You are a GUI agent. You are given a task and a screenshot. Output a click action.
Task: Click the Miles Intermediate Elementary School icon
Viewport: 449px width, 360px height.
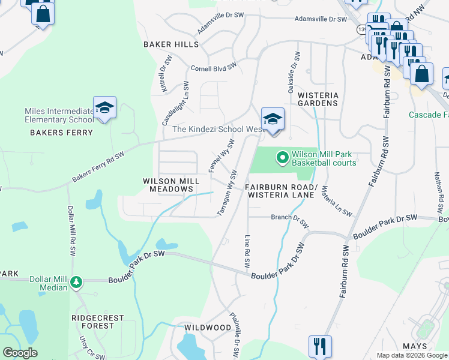tap(104, 107)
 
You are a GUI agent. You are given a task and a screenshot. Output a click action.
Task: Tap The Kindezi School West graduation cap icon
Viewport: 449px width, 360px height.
tap(272, 118)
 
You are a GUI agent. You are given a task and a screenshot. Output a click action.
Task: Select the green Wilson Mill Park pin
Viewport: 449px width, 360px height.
tap(282, 158)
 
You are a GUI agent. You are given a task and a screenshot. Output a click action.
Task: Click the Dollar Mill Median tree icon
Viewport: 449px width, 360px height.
tap(76, 281)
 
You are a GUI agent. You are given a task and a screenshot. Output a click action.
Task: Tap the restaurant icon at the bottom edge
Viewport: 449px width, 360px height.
tap(319, 346)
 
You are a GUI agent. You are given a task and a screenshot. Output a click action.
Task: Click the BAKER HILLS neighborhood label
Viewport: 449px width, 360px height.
tap(170, 45)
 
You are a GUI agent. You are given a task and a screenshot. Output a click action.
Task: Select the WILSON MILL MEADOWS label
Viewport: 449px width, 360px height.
tap(168, 185)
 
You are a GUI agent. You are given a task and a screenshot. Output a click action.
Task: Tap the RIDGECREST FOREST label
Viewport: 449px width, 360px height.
tap(97, 322)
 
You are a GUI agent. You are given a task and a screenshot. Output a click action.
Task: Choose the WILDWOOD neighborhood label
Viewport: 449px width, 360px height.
tap(208, 328)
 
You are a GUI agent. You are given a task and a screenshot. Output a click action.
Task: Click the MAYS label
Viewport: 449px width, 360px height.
tap(414, 346)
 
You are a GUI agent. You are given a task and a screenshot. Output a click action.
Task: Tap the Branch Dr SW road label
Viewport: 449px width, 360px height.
tap(289, 220)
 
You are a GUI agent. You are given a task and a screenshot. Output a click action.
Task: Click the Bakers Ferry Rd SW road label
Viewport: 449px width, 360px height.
tap(98, 167)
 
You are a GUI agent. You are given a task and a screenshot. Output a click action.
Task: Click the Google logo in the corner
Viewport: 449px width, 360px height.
tap(20, 353)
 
